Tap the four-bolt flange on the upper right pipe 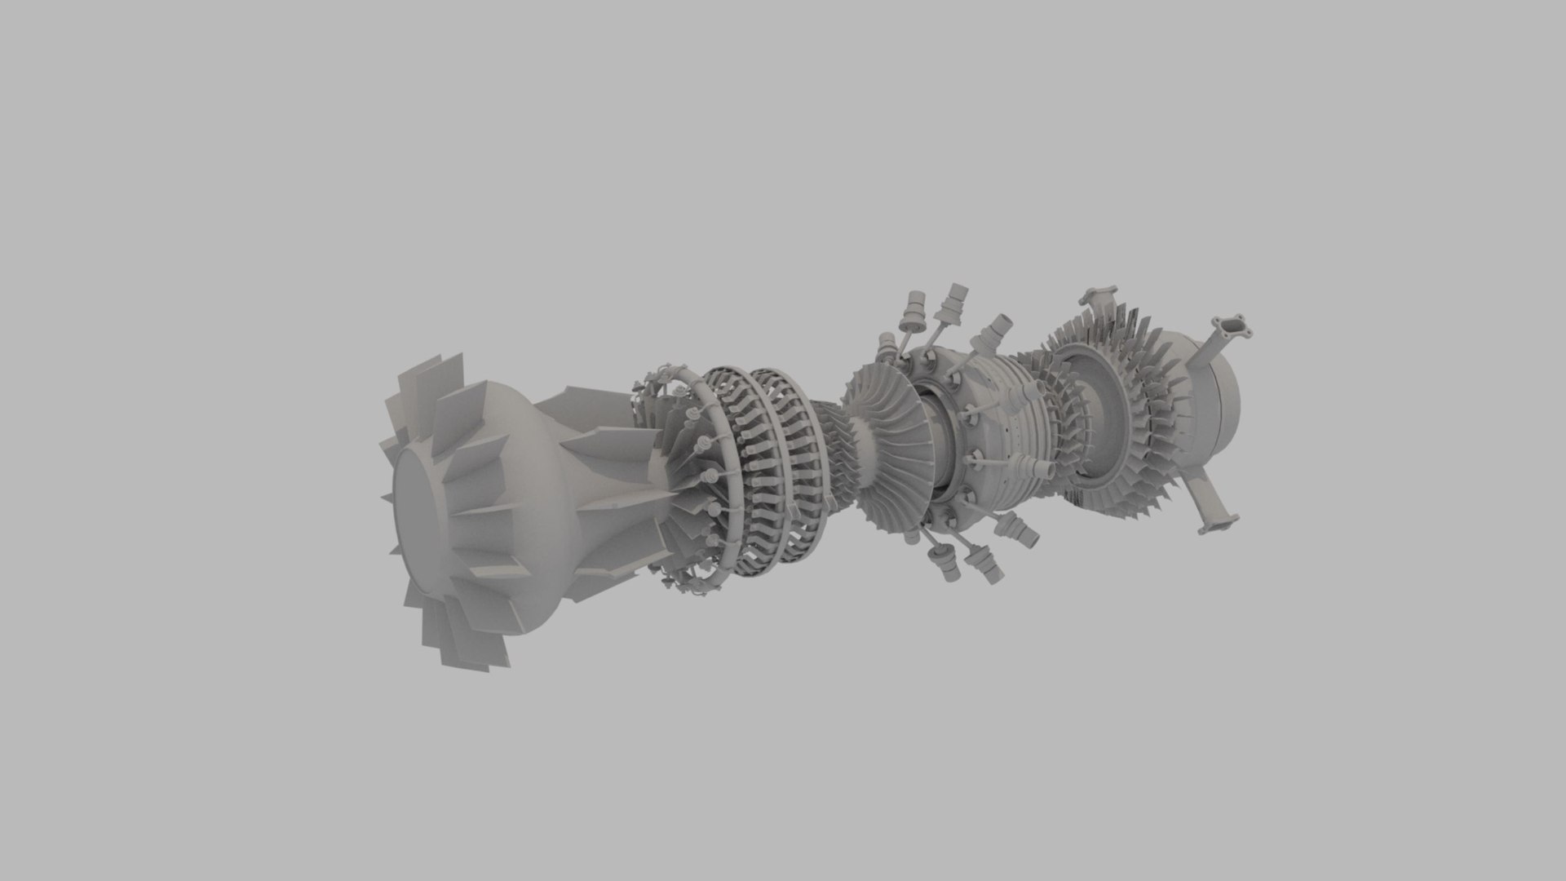click(x=1233, y=330)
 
